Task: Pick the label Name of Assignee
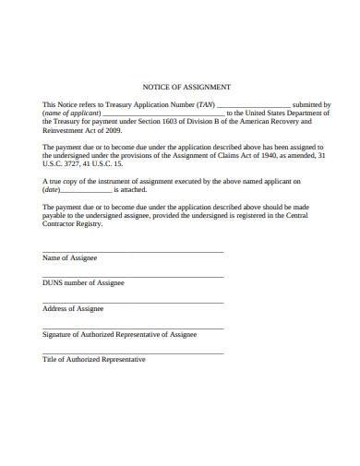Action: pos(69,257)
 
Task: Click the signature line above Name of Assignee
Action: pos(132,251)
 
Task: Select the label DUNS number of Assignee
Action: pos(83,283)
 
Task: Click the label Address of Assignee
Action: pos(73,309)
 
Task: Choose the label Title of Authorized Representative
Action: pos(94,360)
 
